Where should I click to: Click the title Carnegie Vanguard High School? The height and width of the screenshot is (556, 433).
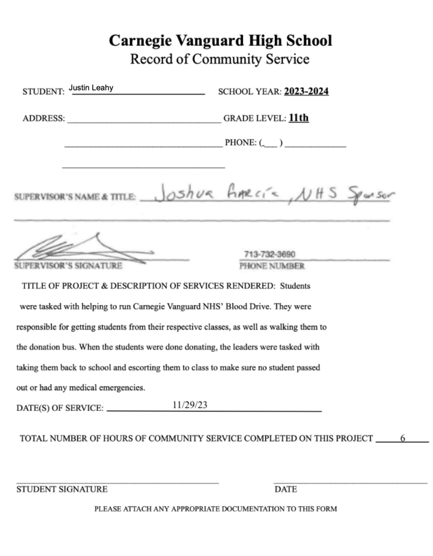(x=220, y=40)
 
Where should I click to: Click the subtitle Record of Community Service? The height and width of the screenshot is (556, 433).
(x=220, y=59)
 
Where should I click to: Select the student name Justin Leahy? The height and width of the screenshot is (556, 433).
(x=91, y=88)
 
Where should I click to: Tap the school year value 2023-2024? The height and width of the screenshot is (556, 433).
(x=306, y=91)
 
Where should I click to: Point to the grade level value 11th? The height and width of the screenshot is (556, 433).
(x=298, y=118)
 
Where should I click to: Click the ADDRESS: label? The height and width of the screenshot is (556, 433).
(x=43, y=118)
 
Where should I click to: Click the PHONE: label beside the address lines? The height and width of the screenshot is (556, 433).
(x=240, y=142)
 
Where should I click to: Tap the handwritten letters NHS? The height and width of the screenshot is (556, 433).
(x=319, y=193)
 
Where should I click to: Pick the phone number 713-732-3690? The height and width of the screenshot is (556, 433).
(x=270, y=254)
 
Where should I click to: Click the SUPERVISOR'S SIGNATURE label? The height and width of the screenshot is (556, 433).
(x=68, y=266)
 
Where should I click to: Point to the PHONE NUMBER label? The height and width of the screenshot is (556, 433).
(x=271, y=266)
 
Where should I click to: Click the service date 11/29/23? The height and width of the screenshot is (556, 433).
(x=190, y=405)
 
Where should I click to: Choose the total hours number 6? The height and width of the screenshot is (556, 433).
(x=403, y=438)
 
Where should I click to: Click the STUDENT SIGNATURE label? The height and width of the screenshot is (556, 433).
(x=62, y=489)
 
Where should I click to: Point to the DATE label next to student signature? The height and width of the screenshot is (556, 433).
(x=286, y=489)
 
